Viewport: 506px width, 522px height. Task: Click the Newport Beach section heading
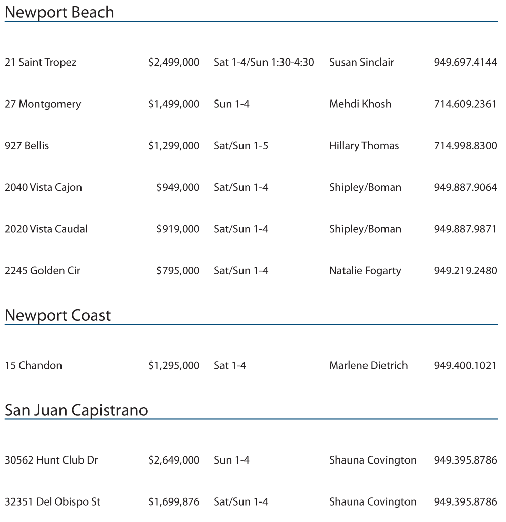[59, 12]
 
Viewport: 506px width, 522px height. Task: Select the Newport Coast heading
[57, 315]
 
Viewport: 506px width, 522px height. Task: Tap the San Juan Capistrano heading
[76, 410]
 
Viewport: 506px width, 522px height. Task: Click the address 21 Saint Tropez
[41, 63]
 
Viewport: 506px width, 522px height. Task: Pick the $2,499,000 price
[174, 63]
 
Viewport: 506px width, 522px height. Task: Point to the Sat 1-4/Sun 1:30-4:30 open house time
[264, 63]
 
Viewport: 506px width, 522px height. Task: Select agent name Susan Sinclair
[361, 63]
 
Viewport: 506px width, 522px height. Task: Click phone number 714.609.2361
[465, 104]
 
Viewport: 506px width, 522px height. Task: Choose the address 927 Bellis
[27, 146]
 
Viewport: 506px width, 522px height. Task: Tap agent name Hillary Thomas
[364, 146]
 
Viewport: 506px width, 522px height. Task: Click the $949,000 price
[178, 187]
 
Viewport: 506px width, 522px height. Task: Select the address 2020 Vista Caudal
[46, 229]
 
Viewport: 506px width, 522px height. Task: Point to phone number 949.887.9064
[465, 187]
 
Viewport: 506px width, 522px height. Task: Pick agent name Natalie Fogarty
[365, 271]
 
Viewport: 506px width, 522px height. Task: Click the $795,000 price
[178, 270]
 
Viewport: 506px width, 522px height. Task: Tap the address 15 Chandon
[33, 366]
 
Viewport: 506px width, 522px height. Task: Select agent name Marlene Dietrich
[368, 366]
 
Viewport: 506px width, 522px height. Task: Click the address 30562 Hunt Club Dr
[51, 460]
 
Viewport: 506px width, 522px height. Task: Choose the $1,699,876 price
[174, 502]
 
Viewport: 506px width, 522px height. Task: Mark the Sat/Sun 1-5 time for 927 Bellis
[241, 146]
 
